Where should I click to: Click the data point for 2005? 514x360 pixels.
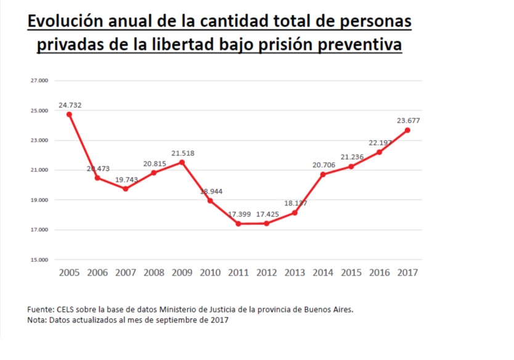tap(70, 114)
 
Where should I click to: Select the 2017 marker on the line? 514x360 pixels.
tap(407, 130)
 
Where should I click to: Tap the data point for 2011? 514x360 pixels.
tap(239, 223)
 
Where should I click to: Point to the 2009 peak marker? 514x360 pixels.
tap(182, 162)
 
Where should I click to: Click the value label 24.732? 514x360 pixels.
tap(70, 105)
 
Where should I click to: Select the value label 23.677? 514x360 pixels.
tap(407, 121)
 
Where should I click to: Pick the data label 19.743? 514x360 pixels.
tap(126, 179)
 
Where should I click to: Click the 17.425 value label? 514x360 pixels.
tap(267, 214)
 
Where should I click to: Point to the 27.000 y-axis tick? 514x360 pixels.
tap(39, 81)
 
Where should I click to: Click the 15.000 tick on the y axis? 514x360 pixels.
tap(39, 260)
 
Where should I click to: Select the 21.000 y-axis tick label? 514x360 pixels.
tap(39, 170)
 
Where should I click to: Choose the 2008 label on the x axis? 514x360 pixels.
tap(154, 272)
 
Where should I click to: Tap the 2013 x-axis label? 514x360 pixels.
tap(295, 272)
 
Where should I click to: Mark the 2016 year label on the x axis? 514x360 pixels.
tap(379, 272)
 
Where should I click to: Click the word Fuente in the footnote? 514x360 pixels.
tap(41, 309)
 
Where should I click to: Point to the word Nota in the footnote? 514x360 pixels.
tap(37, 320)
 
